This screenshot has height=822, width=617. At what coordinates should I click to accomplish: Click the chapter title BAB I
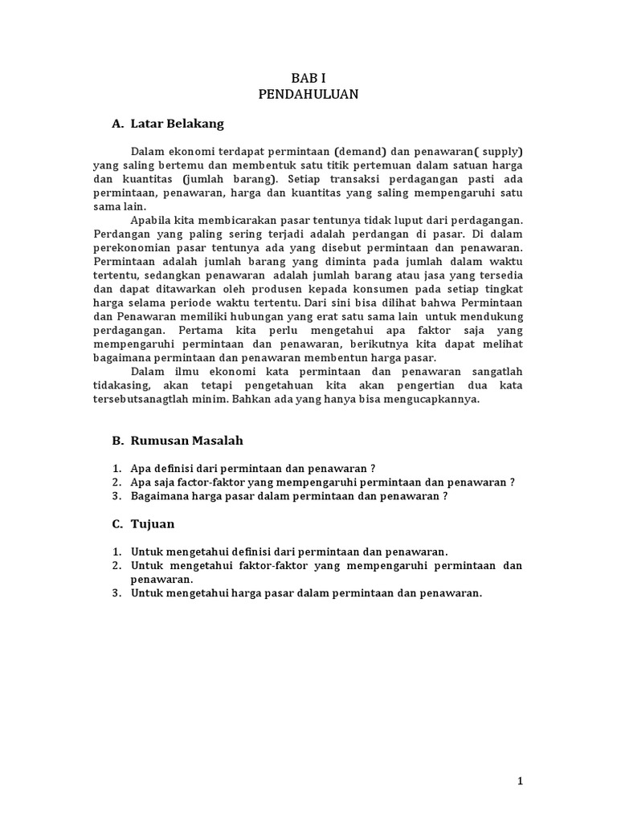pyautogui.click(x=308, y=78)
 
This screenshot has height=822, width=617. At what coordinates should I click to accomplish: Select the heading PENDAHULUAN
pyautogui.click(x=308, y=94)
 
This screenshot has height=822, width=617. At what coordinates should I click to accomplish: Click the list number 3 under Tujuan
pyautogui.click(x=116, y=593)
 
